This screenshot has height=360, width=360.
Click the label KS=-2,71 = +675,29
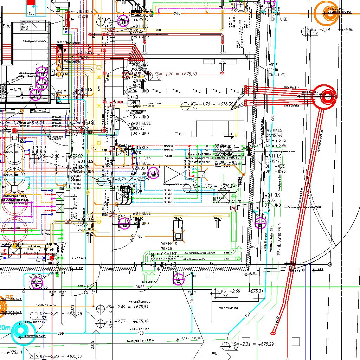tap(252, 344)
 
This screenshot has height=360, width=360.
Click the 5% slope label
tap(214, 354)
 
